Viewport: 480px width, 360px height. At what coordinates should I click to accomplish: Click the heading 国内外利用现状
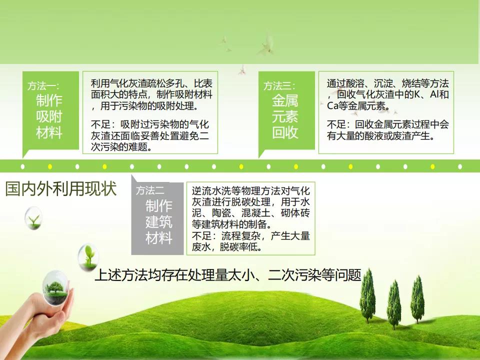tap(61, 188)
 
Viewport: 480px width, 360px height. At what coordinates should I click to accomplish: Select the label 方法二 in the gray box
tap(150, 190)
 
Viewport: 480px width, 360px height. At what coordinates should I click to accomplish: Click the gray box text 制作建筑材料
tap(159, 221)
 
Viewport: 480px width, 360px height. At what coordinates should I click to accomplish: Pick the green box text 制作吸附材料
tap(49, 116)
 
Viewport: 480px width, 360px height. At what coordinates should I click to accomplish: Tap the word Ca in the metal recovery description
tap(332, 106)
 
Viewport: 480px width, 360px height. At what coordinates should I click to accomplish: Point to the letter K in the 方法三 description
tap(417, 94)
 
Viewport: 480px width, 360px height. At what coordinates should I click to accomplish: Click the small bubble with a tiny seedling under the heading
tap(33, 218)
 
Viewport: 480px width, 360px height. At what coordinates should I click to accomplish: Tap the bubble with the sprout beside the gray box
tap(88, 257)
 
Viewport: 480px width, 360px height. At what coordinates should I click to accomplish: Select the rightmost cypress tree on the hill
tap(417, 299)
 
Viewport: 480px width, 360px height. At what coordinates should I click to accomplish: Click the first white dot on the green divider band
tap(22, 166)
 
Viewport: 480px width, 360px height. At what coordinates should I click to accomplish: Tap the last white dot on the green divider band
tap(460, 166)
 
